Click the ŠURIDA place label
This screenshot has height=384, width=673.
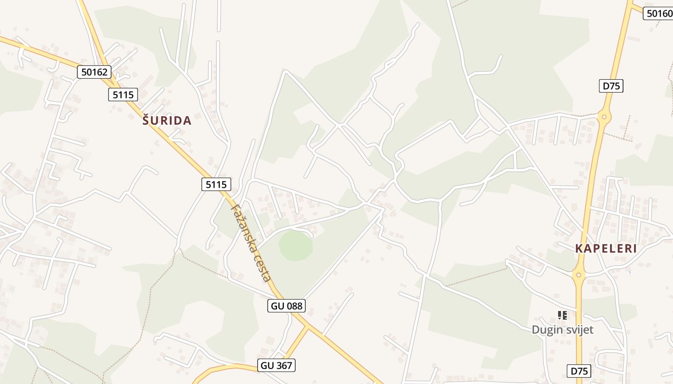(x=167, y=120)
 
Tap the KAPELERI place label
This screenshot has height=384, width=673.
(x=606, y=249)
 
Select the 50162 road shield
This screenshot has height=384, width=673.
(x=94, y=72)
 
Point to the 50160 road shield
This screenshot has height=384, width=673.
(x=659, y=13)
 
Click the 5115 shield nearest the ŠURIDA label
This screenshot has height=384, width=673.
(x=123, y=95)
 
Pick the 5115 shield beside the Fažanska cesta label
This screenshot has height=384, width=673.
(x=216, y=184)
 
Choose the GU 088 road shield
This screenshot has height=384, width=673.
(x=287, y=305)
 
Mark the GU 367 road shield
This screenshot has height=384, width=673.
(x=276, y=365)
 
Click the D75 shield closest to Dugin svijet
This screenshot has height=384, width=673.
(x=579, y=371)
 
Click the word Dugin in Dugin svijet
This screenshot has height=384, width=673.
(x=547, y=330)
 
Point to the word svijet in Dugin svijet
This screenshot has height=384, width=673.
(x=579, y=330)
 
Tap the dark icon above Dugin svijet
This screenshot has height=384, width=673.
(x=562, y=315)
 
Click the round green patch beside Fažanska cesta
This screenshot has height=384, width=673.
(x=296, y=245)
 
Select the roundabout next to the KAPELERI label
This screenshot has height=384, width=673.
(x=578, y=275)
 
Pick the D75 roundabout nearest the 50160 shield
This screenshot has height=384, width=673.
(x=604, y=116)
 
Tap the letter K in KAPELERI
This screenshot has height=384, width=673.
(x=579, y=249)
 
